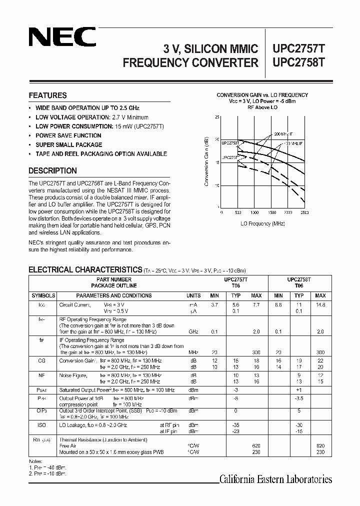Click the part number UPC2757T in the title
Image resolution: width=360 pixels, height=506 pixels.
pyautogui.click(x=298, y=48)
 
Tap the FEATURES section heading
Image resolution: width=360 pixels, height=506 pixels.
pyautogui.click(x=47, y=95)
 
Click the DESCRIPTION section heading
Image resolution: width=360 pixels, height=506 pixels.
pyautogui.click(x=52, y=170)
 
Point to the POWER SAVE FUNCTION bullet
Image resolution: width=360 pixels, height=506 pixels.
pyautogui.click(x=68, y=135)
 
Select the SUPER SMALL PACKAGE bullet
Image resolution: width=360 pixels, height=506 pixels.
pyautogui.click(x=68, y=144)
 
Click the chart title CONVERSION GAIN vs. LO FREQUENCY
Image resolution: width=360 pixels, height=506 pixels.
pyautogui.click(x=262, y=95)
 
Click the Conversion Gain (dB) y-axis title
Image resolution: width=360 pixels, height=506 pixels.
pyautogui.click(x=206, y=161)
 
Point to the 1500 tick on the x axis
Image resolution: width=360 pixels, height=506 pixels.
pyautogui.click(x=272, y=212)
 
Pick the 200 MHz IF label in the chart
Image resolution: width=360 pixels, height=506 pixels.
pyautogui.click(x=283, y=134)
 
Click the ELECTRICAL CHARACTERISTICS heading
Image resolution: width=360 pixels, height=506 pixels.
pyautogui.click(x=85, y=269)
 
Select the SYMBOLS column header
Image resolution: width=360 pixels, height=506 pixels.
pyautogui.click(x=43, y=295)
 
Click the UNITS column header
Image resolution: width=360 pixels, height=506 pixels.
pyautogui.click(x=193, y=295)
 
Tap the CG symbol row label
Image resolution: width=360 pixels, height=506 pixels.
pyautogui.click(x=42, y=360)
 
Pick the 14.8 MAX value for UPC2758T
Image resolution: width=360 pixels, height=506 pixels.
pyautogui.click(x=320, y=304)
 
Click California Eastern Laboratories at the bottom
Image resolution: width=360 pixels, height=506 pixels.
pyautogui.click(x=275, y=479)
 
